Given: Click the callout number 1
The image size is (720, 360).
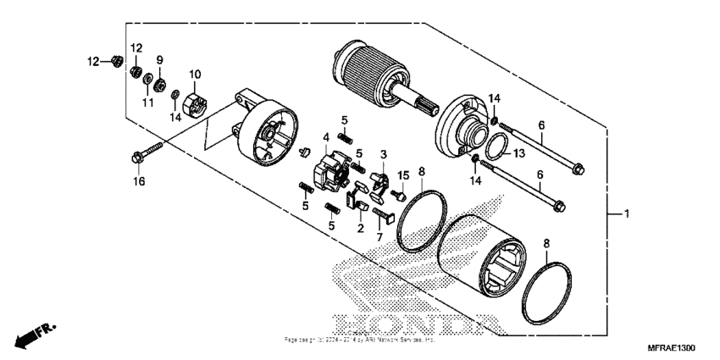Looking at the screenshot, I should [x=628, y=215].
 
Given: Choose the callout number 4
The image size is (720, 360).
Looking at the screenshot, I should [x=325, y=136].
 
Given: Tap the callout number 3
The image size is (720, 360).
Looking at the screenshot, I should [x=383, y=155].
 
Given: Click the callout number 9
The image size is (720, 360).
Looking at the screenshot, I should [x=159, y=60].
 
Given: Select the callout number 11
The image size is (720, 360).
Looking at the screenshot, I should [x=148, y=102].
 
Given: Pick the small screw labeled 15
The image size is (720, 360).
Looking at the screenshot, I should [x=394, y=194].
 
